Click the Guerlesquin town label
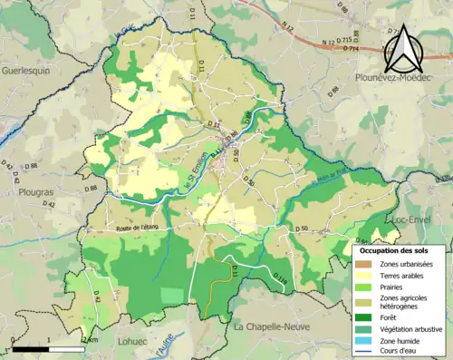click(30, 69)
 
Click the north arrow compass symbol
click(405, 50)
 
